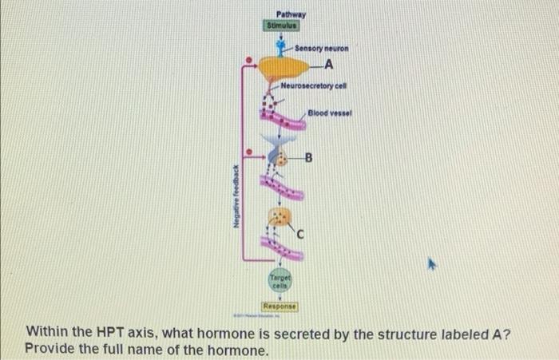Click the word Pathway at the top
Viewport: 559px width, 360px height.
[291, 14]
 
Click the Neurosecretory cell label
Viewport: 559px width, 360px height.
[312, 85]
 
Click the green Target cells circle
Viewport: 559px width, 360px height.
[280, 281]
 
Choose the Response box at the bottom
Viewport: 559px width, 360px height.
[279, 306]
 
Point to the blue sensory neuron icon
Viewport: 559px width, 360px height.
[279, 47]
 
